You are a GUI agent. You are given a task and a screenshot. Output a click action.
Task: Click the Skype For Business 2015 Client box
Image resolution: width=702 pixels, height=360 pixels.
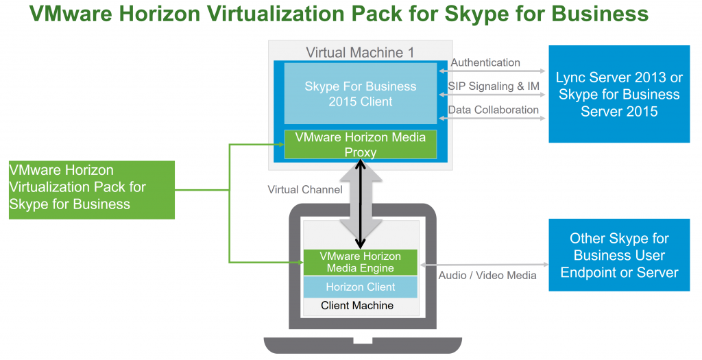click(361, 94)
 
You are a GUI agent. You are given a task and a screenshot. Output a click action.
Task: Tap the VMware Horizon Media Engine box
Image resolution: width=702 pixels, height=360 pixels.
click(361, 261)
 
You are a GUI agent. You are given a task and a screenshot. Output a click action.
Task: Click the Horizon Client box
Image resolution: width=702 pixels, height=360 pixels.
click(361, 287)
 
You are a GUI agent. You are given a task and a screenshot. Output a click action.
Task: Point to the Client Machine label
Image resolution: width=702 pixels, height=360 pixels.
click(357, 305)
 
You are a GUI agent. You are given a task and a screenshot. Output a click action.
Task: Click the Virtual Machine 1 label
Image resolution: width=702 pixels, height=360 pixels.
click(360, 52)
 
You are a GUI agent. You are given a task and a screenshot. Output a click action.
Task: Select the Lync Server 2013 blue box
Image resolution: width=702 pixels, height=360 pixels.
click(619, 94)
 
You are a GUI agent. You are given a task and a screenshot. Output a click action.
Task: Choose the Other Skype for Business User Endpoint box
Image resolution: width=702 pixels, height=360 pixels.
click(619, 255)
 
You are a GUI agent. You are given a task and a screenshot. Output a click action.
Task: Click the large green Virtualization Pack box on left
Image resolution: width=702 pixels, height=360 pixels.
click(92, 190)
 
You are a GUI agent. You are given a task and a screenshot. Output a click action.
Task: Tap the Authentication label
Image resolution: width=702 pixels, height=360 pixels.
click(485, 62)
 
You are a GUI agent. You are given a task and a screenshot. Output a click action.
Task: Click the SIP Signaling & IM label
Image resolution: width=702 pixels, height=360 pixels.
click(493, 86)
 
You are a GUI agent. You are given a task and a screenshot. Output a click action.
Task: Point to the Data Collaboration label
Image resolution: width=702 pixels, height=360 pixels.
click(493, 109)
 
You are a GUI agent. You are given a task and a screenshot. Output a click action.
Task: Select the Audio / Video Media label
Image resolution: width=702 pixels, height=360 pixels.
click(487, 275)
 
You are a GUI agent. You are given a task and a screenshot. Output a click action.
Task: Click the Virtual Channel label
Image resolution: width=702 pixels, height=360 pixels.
click(304, 189)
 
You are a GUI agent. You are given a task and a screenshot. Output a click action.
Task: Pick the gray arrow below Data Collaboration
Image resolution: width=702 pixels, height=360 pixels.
click(493, 119)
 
